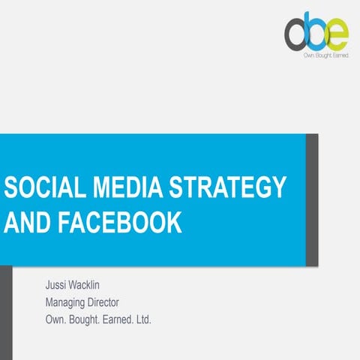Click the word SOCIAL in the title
(38, 188)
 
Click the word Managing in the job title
(68, 302)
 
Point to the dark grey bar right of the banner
(312, 199)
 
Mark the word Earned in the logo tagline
(337, 55)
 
